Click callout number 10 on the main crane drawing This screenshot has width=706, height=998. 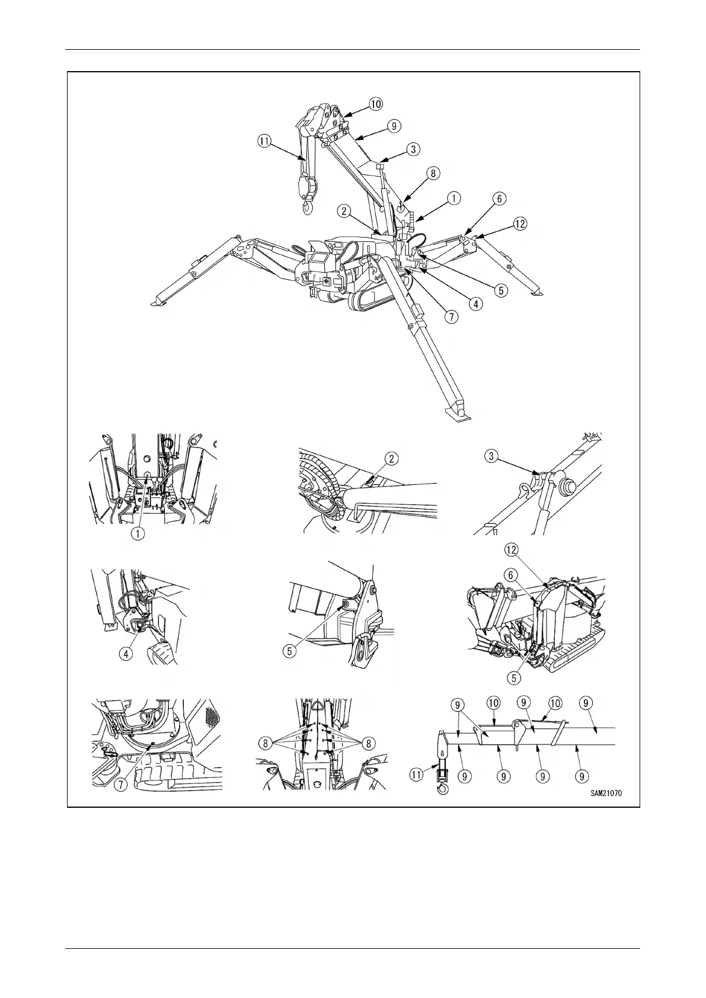(x=376, y=104)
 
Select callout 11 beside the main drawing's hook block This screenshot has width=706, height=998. (x=264, y=141)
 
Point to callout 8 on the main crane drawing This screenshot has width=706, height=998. (x=433, y=173)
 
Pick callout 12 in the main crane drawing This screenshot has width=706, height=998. (x=519, y=223)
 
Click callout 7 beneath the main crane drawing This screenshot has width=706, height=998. (x=452, y=316)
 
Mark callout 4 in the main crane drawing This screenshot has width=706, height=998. (x=475, y=303)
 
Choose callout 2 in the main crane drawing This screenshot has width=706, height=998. (x=344, y=210)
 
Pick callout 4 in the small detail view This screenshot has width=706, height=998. (x=126, y=654)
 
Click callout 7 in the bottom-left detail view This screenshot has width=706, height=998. (x=120, y=784)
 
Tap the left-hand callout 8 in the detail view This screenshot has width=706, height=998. (x=266, y=743)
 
